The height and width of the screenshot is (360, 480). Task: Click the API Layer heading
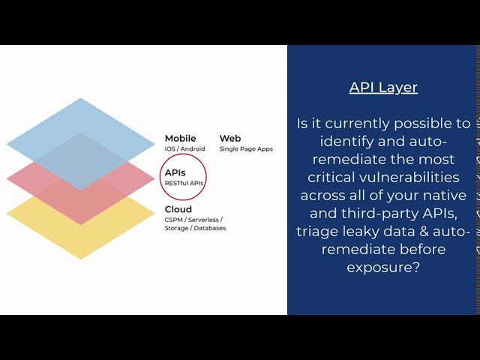click(383, 87)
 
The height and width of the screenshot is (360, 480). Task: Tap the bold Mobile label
click(180, 138)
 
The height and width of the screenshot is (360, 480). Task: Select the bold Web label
click(229, 138)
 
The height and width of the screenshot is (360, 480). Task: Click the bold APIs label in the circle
click(175, 172)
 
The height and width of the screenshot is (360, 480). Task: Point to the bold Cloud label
click(178, 209)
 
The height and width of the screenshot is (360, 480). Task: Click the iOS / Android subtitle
click(184, 148)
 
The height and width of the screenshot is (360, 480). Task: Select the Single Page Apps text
click(246, 148)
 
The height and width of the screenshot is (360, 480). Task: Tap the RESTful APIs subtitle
click(184, 183)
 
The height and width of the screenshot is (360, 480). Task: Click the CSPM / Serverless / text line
click(193, 220)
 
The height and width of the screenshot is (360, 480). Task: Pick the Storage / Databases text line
click(195, 228)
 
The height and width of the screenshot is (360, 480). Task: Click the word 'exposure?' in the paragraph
click(383, 267)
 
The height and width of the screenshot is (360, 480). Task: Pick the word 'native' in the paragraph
click(445, 195)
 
